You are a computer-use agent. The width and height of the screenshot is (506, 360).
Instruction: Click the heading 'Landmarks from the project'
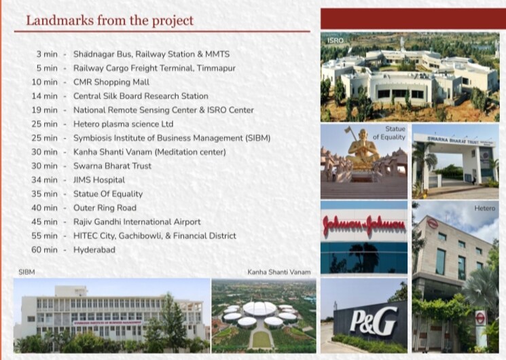109,20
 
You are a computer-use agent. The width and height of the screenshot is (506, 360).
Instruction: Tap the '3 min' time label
48,54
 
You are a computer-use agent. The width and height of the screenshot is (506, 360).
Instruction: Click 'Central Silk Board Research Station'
141,96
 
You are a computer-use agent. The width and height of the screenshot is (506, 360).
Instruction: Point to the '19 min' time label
46,110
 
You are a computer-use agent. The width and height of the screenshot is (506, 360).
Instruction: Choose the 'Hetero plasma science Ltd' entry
123,124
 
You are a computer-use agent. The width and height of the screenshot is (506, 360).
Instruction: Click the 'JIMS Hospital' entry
99,180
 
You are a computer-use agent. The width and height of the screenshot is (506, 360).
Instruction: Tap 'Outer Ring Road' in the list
105,208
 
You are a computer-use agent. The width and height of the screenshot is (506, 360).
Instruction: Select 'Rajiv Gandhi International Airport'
137,222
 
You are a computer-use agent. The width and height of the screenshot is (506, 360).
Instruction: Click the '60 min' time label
45,250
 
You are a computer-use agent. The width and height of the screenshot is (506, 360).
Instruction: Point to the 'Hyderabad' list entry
94,250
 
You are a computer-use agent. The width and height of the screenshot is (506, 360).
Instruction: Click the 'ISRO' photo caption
335,41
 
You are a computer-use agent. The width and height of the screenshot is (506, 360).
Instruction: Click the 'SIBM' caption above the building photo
26,272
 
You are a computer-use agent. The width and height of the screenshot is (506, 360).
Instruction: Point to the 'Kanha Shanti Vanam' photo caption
278,272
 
